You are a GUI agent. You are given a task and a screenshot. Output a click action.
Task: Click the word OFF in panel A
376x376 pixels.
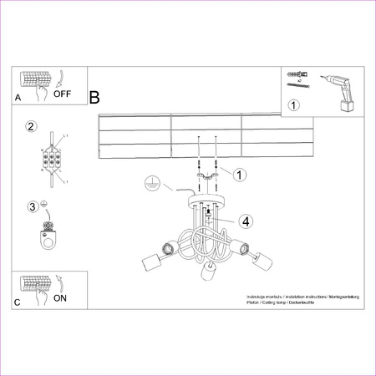click(64, 94)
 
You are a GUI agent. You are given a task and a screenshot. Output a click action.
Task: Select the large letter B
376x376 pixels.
click(94, 98)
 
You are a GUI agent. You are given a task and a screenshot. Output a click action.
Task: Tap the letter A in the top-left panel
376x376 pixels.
click(18, 99)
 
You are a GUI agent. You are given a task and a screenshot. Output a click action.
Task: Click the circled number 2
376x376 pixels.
click(31, 127)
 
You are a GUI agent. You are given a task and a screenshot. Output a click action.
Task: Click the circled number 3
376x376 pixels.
click(33, 206)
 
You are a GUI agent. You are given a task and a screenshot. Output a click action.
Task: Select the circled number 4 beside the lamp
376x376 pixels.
click(245, 221)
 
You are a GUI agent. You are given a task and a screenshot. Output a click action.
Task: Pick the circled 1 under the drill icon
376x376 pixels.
click(293, 105)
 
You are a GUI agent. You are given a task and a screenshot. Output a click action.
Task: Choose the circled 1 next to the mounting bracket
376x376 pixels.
click(240, 175)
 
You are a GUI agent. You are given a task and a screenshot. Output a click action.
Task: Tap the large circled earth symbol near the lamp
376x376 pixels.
click(151, 182)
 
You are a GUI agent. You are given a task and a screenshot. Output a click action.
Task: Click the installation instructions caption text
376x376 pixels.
click(292, 302)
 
